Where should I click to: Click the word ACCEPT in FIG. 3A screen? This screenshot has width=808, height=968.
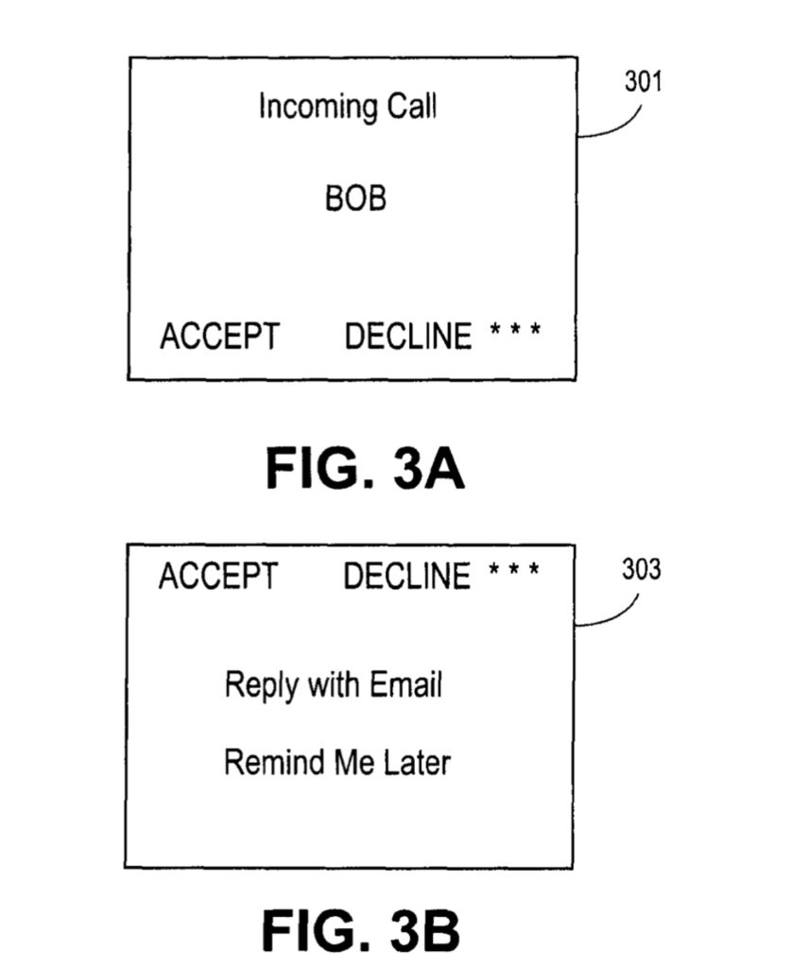point(219,336)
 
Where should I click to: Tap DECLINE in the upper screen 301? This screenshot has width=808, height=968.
point(407,336)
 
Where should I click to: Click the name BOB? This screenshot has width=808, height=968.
point(355,199)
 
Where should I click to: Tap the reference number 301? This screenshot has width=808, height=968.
point(643,82)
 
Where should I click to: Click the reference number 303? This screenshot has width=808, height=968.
point(641,571)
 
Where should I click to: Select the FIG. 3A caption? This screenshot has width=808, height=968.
point(365,468)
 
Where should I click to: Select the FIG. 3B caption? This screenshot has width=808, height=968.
point(361,930)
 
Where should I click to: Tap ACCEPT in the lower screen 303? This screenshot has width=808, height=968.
point(218,576)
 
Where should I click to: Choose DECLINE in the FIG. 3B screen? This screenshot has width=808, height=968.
point(406,576)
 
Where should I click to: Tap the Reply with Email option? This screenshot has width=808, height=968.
point(334,684)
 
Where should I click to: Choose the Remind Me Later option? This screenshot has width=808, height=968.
point(336,761)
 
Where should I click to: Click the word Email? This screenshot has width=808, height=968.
point(404,684)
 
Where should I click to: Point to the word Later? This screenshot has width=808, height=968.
point(417,761)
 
